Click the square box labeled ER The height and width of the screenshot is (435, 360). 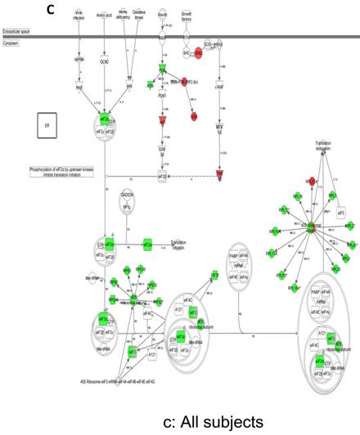click(46, 125)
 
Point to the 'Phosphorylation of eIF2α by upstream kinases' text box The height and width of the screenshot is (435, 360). click(61, 170)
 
